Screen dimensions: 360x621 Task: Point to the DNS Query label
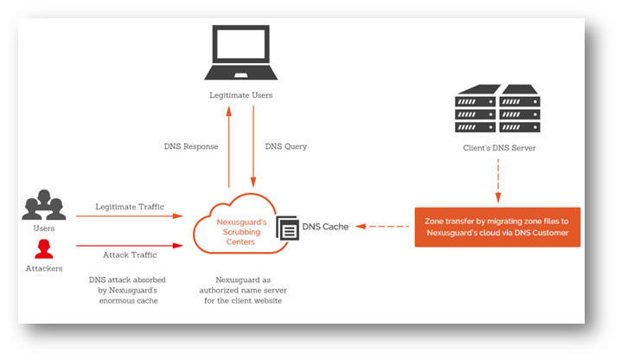click(x=285, y=146)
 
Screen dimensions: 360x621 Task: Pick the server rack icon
click(x=496, y=107)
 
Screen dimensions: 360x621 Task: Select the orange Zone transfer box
click(x=496, y=227)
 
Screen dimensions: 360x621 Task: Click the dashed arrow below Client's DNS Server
click(x=496, y=182)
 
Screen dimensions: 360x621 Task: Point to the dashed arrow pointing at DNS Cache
click(x=384, y=228)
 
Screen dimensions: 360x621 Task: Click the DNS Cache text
click(x=325, y=228)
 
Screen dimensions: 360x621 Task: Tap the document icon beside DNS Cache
click(x=286, y=228)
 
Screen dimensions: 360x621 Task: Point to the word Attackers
click(x=44, y=271)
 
